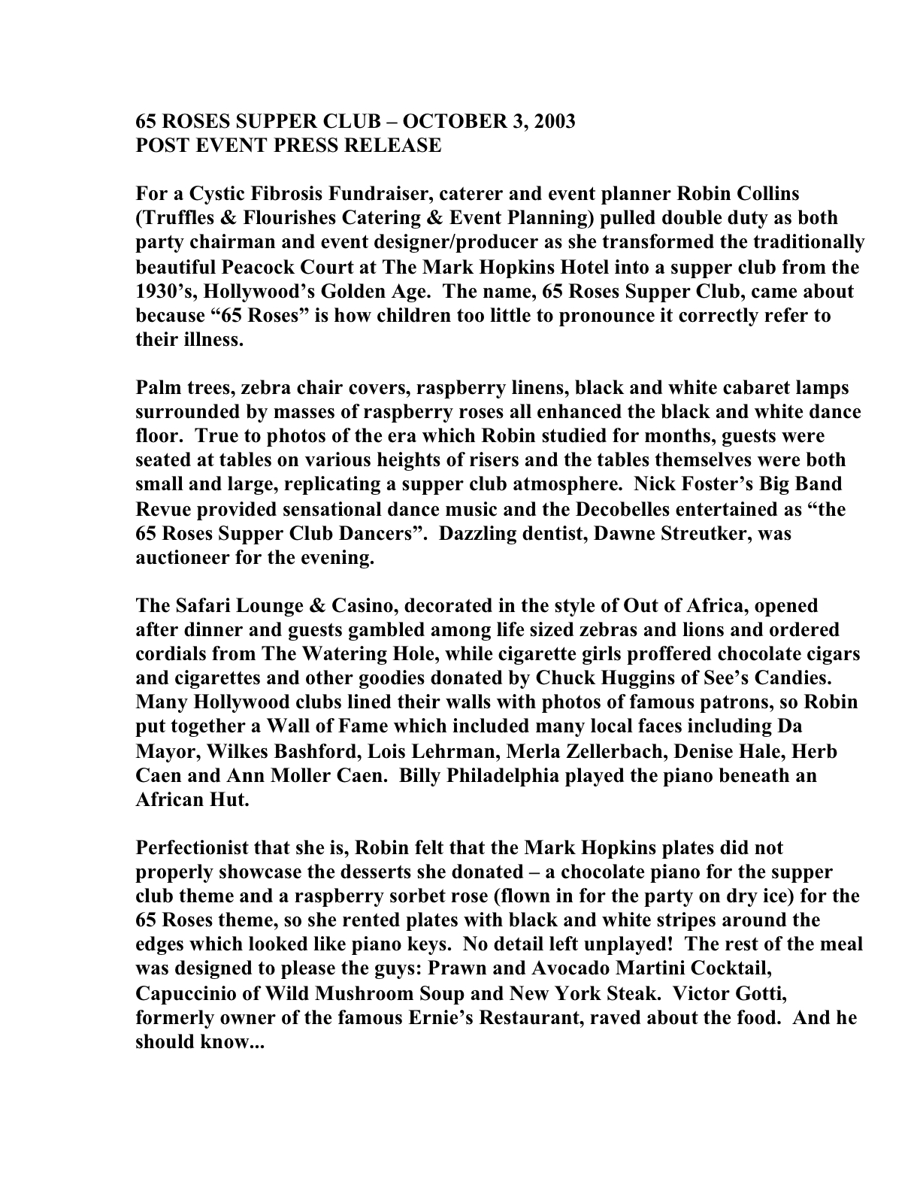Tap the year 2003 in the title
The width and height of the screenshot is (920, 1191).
coord(552,121)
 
